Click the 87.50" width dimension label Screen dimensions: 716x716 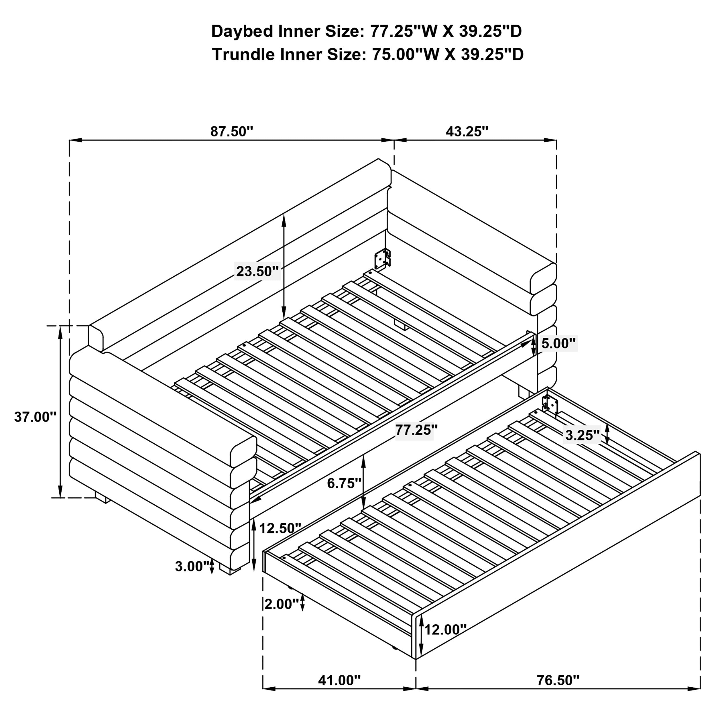[232, 131]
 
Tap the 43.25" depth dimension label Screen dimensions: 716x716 [467, 131]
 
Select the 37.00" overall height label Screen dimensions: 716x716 [35, 417]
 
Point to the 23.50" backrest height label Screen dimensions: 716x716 [257, 271]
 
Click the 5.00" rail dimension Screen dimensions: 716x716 [558, 344]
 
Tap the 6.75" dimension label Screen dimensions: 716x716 [344, 483]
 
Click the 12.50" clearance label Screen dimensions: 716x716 [280, 528]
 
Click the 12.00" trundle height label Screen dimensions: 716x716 [445, 629]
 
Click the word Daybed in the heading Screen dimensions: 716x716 [242, 32]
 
